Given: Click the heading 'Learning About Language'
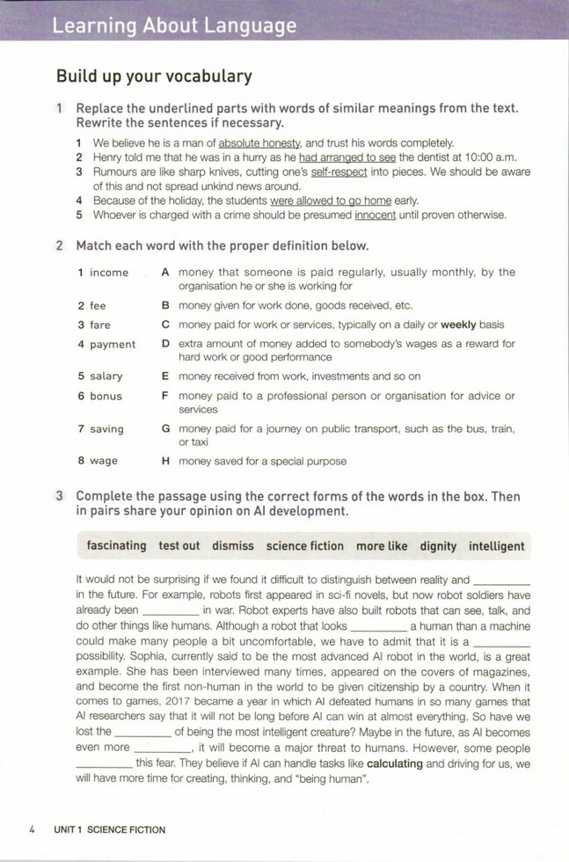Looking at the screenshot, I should (x=174, y=26).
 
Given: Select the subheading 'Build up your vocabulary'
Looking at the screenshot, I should (x=154, y=77).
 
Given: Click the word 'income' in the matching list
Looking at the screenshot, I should (x=109, y=273).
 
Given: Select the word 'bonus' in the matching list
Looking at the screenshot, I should (x=106, y=396).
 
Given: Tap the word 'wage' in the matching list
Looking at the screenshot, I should (x=104, y=460).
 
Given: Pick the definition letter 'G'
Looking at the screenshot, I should (x=165, y=429).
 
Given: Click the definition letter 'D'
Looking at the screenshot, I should (x=165, y=344).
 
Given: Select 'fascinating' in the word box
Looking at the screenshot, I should (x=116, y=546).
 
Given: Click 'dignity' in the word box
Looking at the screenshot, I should (x=438, y=546).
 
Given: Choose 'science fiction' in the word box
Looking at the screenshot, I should (x=305, y=546).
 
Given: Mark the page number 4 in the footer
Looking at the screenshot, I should (x=32, y=829).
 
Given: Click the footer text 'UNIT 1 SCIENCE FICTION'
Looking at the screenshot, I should (x=109, y=829).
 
